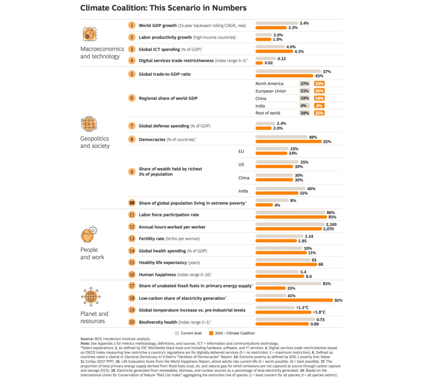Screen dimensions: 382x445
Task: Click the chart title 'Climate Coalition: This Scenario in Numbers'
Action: tap(163, 8)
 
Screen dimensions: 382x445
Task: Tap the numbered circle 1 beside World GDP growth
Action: tap(132, 25)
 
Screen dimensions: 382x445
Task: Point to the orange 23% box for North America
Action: tap(319, 84)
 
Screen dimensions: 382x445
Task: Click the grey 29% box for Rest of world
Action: tap(305, 113)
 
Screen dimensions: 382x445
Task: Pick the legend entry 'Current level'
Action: tap(190, 333)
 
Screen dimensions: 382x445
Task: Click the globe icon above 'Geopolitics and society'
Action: tap(89, 124)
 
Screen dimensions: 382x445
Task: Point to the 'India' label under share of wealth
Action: tap(243, 191)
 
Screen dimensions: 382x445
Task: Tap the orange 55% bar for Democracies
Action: tap(288, 141)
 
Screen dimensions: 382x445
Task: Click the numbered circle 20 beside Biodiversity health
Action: tap(132, 322)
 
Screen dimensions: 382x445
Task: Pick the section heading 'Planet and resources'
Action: tap(94, 317)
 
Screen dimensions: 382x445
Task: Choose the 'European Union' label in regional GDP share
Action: tap(270, 91)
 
